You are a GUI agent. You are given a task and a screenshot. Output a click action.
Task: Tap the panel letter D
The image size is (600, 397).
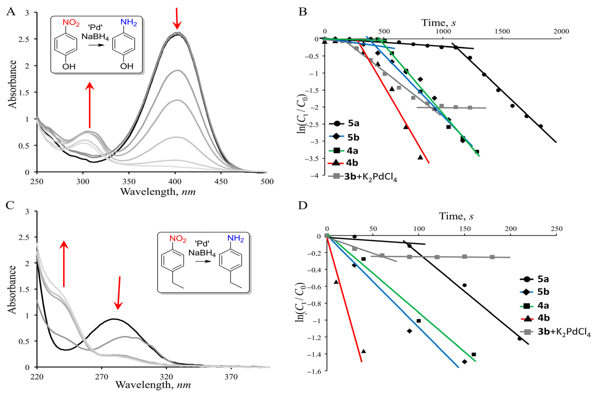coord(303,206)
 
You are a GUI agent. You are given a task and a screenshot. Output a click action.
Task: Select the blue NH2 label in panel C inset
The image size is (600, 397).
coord(236,238)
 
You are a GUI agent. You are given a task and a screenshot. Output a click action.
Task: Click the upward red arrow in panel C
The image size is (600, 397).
coord(64,264)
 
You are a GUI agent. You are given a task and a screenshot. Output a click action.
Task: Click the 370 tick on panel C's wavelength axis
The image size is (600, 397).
coord(231,377)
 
